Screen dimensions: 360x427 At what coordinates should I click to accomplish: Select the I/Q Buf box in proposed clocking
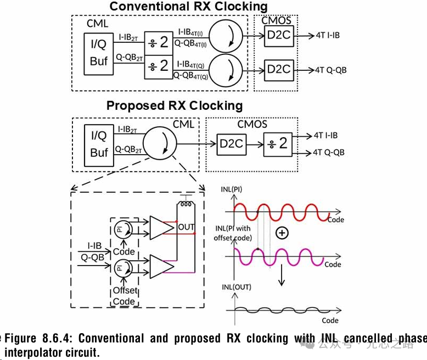click(x=99, y=145)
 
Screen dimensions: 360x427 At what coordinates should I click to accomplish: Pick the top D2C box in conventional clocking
click(x=279, y=38)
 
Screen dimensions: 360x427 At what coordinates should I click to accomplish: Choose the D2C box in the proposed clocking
click(x=231, y=144)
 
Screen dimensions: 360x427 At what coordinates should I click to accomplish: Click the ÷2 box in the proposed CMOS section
click(x=278, y=144)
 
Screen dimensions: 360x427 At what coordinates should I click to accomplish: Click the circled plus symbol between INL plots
click(x=282, y=233)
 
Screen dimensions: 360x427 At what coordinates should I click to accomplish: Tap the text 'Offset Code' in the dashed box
click(x=123, y=296)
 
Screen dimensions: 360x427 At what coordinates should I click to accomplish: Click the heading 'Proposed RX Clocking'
click(x=175, y=105)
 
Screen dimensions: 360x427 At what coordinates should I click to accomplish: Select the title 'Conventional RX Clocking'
click(x=188, y=7)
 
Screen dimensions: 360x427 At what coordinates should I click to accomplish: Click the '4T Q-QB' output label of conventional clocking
click(x=330, y=70)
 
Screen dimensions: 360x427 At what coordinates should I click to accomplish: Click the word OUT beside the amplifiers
click(x=186, y=227)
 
